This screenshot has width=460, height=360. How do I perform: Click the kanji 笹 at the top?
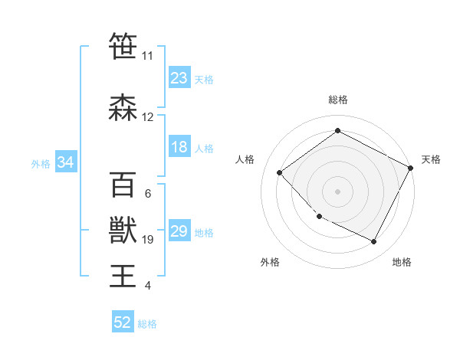[123, 47]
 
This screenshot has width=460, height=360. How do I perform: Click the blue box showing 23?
[179, 78]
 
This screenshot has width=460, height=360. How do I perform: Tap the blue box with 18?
[179, 147]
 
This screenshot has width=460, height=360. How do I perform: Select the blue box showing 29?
[179, 231]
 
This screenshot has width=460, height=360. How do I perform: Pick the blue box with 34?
[66, 162]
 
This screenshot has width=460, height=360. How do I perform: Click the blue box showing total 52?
[123, 322]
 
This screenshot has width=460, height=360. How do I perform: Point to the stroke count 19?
[148, 239]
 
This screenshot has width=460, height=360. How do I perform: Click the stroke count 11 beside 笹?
[147, 56]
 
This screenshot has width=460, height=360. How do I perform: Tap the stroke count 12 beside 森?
[147, 117]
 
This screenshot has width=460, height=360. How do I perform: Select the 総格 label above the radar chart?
[337, 100]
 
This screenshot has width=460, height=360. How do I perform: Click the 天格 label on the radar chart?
[431, 159]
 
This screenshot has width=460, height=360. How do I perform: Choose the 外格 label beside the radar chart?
[270, 262]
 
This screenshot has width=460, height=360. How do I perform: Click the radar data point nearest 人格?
[280, 173]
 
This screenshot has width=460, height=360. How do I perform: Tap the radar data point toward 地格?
[373, 242]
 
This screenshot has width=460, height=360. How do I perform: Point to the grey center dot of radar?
[337, 191]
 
